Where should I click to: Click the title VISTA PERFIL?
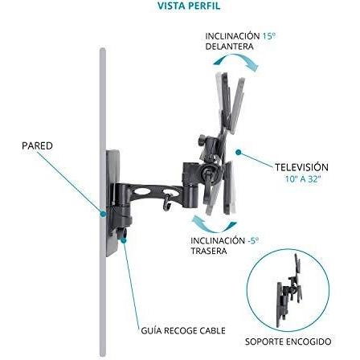(x=189, y=6)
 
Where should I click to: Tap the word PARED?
(x=37, y=146)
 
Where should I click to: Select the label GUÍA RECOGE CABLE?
(x=183, y=330)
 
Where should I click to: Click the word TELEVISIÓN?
(x=301, y=167)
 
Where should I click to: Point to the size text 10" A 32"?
(x=303, y=179)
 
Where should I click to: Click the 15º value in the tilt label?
(x=268, y=36)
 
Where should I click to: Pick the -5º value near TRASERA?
(x=253, y=240)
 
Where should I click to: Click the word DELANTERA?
(x=229, y=47)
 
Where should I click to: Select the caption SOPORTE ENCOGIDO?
(x=288, y=342)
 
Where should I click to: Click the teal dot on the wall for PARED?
(x=103, y=214)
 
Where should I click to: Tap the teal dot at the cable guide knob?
(x=124, y=240)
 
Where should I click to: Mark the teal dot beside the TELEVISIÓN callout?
(x=239, y=153)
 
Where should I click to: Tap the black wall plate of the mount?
(x=112, y=203)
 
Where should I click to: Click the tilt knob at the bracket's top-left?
(x=202, y=140)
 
